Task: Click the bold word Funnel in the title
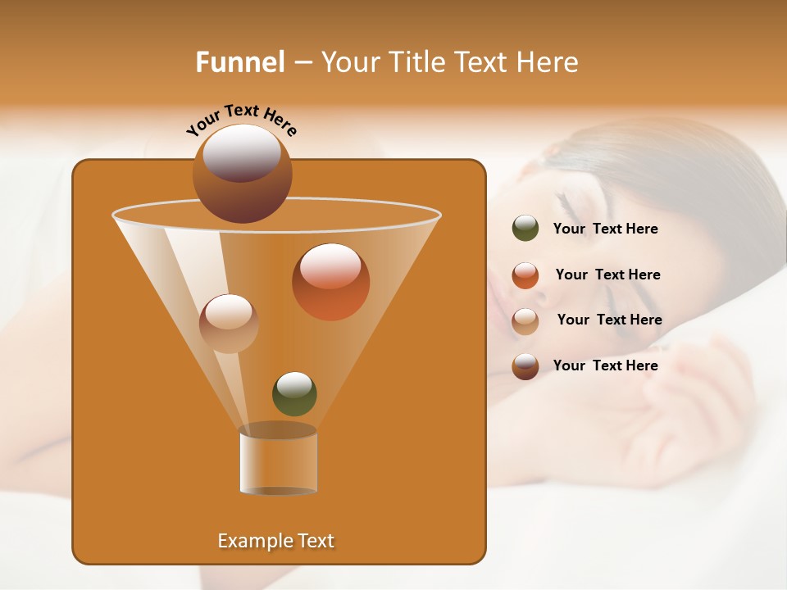(x=239, y=62)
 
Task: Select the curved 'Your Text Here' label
(x=242, y=120)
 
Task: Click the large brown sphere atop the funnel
(x=242, y=173)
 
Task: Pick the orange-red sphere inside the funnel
(x=330, y=282)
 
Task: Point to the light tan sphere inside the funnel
(x=229, y=324)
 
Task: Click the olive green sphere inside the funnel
(x=294, y=393)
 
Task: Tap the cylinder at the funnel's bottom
(x=278, y=461)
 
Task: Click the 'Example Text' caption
(x=275, y=541)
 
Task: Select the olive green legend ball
(x=525, y=229)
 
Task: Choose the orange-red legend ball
(x=525, y=275)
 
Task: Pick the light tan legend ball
(x=525, y=320)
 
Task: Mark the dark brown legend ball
(x=525, y=366)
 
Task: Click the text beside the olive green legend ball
(x=605, y=229)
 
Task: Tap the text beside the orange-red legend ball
(x=607, y=275)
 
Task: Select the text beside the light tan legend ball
(x=609, y=320)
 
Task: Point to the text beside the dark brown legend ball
(x=605, y=365)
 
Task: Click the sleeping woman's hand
(x=697, y=402)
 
